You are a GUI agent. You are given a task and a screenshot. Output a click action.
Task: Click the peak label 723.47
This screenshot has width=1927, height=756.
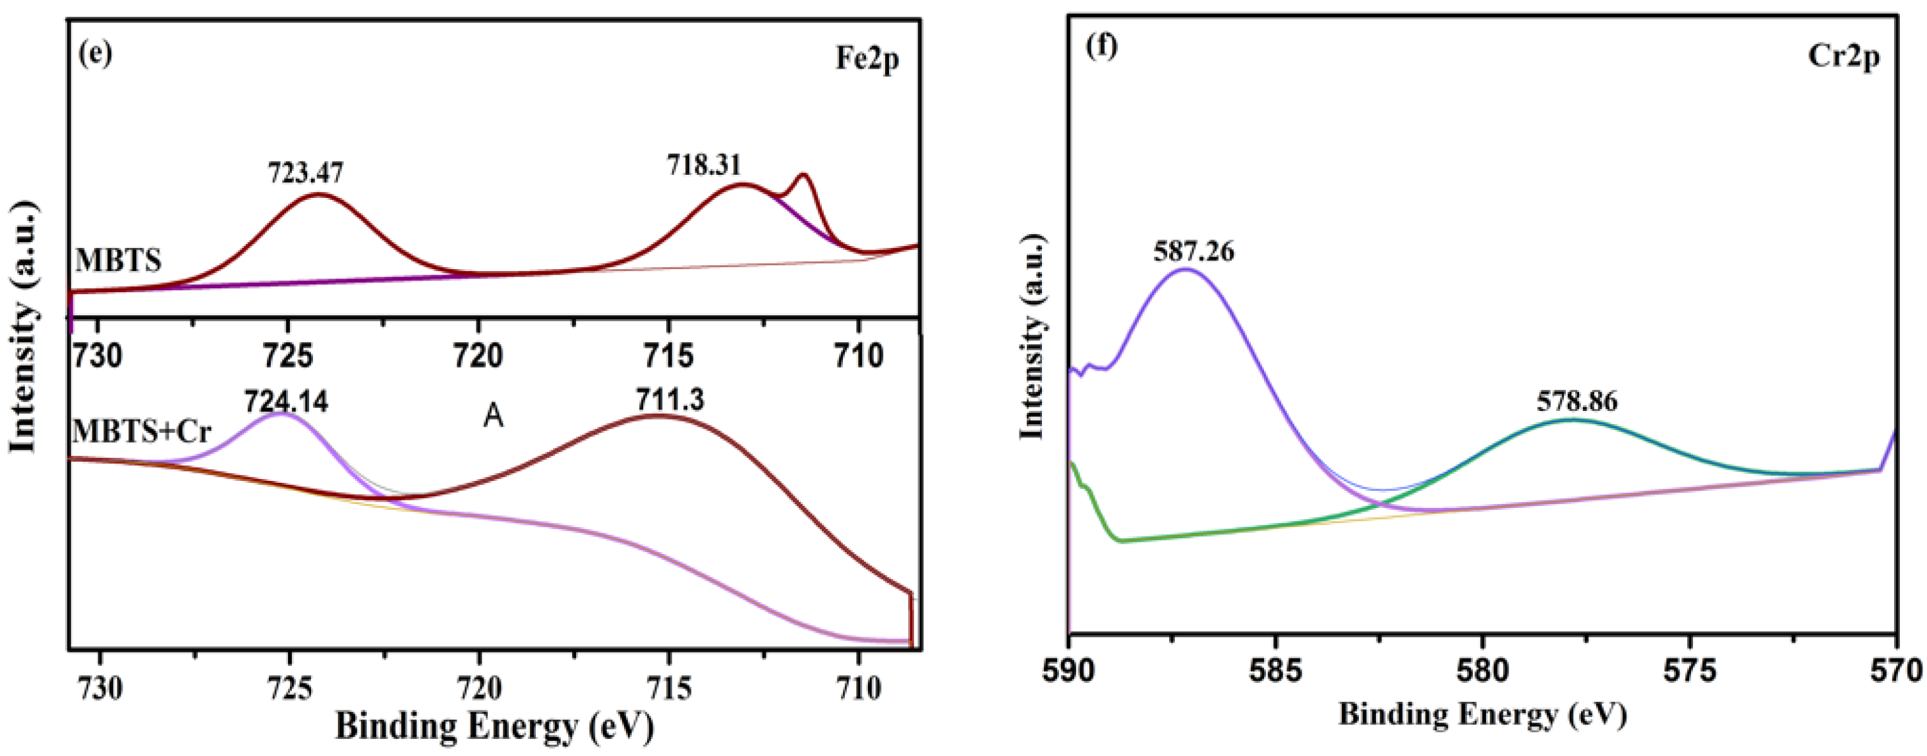click(305, 173)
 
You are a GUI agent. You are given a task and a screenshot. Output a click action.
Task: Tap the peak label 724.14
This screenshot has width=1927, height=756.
click(286, 402)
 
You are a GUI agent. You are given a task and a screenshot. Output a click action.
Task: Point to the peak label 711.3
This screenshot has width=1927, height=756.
click(670, 400)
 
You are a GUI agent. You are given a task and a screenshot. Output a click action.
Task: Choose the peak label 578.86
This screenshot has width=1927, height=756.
click(1577, 402)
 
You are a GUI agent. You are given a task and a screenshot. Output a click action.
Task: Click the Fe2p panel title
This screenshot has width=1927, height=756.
click(867, 59)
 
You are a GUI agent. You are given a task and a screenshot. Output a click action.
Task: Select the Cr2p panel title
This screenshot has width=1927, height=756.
click(1843, 56)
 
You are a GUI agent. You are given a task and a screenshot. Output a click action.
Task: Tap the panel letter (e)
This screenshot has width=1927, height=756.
click(95, 53)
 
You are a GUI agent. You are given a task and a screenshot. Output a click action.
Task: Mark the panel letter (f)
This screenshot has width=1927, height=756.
click(1102, 46)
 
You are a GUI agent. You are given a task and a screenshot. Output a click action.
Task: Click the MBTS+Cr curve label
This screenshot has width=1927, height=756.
click(142, 432)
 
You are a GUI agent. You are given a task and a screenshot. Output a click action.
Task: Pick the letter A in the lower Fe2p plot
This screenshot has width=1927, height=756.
click(493, 416)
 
